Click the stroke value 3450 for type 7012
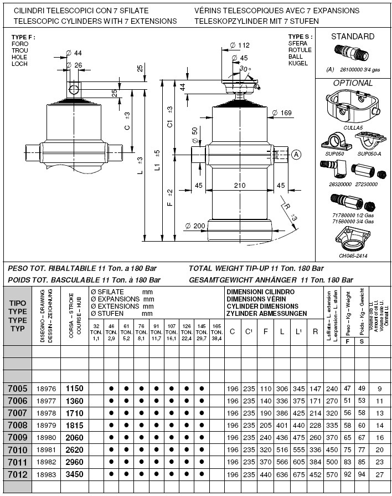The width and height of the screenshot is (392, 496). tap(74, 474)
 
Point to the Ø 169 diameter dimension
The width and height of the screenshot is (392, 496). tap(282, 114)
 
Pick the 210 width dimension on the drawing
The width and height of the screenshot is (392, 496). tap(240, 186)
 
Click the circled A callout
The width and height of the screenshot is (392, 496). tap(296, 155)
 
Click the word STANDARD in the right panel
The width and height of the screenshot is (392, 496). tap(352, 37)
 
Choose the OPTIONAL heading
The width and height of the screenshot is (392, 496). tap(353, 83)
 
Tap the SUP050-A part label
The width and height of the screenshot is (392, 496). tap(369, 154)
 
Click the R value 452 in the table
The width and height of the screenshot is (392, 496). tap(314, 474)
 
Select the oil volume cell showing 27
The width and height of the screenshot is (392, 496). tap(379, 474)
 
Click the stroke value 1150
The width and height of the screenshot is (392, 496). tap(74, 389)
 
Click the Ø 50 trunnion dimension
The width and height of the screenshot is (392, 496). tap(194, 134)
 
